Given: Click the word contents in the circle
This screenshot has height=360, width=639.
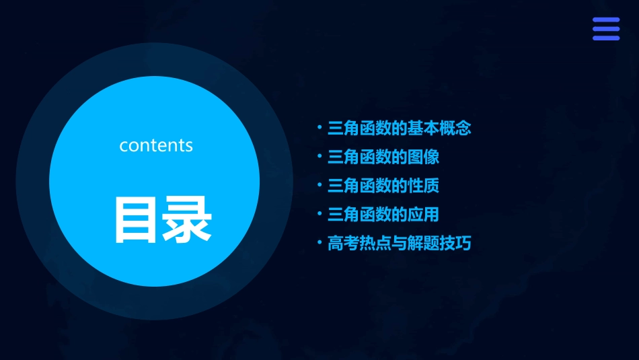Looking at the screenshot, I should pyautogui.click(x=156, y=145).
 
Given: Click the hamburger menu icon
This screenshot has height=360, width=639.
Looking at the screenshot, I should pyautogui.click(x=605, y=30).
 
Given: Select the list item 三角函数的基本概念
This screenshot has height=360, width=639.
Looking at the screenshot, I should pyautogui.click(x=399, y=129).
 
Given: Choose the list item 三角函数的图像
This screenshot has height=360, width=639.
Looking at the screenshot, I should pyautogui.click(x=383, y=157).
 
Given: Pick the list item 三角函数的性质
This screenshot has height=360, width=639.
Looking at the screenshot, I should pyautogui.click(x=383, y=186).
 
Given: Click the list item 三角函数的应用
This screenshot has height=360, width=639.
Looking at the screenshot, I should pyautogui.click(x=383, y=215).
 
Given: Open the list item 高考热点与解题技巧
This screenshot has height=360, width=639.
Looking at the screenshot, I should pyautogui.click(x=399, y=244).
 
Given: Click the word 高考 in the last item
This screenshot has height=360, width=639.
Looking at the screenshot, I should pyautogui.click(x=343, y=244).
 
